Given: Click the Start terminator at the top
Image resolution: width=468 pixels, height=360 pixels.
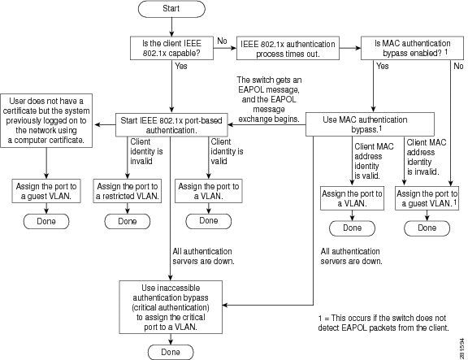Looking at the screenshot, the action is (x=171, y=9).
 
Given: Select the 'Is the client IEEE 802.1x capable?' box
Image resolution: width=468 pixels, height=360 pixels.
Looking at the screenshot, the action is (x=171, y=48).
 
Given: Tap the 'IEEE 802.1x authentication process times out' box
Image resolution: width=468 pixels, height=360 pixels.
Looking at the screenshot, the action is (x=288, y=49).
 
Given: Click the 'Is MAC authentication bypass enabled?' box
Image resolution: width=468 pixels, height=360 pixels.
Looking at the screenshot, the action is (x=412, y=48).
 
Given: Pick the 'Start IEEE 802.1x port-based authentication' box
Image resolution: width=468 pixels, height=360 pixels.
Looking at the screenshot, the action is (x=171, y=125).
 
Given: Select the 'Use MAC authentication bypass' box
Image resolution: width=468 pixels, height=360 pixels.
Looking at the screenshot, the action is (x=370, y=124).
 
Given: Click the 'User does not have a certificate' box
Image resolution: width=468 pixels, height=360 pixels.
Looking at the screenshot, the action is (x=46, y=120).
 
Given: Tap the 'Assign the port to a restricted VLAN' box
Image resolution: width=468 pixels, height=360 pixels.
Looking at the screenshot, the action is (x=127, y=191).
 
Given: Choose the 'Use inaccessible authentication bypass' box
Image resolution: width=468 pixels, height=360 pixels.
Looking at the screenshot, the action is (x=171, y=307).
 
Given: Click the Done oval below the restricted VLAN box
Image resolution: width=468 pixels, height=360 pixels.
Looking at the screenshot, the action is (x=127, y=221).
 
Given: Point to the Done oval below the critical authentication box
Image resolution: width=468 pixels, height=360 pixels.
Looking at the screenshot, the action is (x=171, y=352).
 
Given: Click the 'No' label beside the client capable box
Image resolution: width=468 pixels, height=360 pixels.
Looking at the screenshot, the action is (x=222, y=41).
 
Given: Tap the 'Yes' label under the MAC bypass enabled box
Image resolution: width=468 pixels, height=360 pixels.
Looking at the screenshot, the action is (x=383, y=66).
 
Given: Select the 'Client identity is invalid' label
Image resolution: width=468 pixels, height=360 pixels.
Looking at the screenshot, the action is (x=146, y=151).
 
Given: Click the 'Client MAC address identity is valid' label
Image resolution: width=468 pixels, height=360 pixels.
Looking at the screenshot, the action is (x=374, y=161).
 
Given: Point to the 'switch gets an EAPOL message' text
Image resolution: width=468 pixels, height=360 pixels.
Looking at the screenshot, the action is (x=270, y=99).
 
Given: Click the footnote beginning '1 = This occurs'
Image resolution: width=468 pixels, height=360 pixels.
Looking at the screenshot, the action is (x=383, y=323).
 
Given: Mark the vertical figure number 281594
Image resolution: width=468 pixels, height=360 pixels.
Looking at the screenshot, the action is (x=462, y=349).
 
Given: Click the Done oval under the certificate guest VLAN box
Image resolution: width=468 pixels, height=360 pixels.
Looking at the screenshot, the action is (x=46, y=221).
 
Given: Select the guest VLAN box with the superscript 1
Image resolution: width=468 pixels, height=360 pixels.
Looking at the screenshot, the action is (x=427, y=198).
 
